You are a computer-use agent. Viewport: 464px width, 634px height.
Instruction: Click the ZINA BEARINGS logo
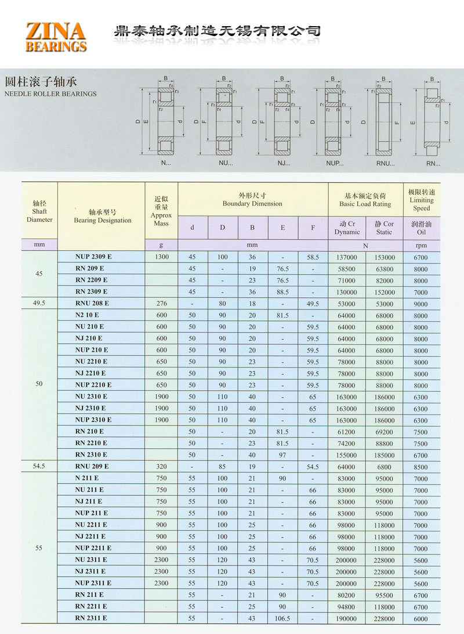(x=56, y=37)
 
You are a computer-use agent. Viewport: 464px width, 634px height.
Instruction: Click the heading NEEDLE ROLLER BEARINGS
(x=50, y=93)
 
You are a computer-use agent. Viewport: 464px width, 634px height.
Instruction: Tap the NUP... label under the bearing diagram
(x=335, y=163)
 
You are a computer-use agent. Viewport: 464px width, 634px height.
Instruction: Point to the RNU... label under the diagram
(x=386, y=163)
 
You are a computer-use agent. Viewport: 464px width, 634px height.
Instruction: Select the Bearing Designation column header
(x=103, y=216)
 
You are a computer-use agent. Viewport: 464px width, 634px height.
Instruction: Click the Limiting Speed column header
(x=422, y=200)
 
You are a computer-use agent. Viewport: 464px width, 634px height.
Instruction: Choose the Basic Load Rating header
(x=365, y=200)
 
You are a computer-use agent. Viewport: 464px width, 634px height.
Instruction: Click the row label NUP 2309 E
(x=93, y=257)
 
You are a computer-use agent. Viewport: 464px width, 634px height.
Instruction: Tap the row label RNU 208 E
(x=92, y=303)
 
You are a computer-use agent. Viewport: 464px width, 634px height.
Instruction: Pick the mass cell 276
(x=161, y=304)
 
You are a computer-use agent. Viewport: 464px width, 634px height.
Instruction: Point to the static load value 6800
(x=384, y=467)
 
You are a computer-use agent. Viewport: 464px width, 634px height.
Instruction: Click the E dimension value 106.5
(x=282, y=619)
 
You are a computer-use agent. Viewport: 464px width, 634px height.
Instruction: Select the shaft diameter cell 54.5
(x=39, y=466)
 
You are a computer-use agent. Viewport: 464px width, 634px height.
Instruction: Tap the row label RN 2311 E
(x=91, y=618)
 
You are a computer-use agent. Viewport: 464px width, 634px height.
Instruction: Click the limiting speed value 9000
(x=421, y=304)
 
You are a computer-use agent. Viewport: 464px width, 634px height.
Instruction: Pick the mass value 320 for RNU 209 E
(x=161, y=466)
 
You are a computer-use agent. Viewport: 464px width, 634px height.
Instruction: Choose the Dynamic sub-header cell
(x=347, y=228)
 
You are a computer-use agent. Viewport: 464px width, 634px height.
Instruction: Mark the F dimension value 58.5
(x=313, y=257)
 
